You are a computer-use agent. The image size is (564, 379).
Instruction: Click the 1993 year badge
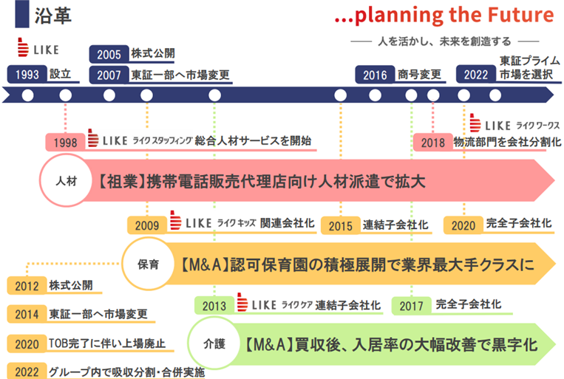click(x=27, y=74)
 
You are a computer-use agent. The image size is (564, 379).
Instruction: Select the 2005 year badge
click(x=109, y=54)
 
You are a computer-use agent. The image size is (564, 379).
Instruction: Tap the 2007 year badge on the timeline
click(x=109, y=75)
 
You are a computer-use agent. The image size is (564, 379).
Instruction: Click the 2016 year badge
click(x=375, y=75)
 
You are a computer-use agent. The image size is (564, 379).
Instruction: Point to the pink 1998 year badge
click(x=66, y=142)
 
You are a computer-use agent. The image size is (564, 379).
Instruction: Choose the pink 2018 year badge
click(x=433, y=142)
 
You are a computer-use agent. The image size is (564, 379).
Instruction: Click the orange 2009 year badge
click(x=147, y=225)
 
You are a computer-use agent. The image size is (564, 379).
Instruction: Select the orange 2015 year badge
click(x=340, y=225)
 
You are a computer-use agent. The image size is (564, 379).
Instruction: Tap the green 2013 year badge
click(x=214, y=306)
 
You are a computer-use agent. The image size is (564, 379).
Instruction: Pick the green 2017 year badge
click(x=411, y=306)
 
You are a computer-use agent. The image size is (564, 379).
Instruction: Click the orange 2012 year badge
click(x=27, y=285)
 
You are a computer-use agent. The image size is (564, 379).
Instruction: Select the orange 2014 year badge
click(x=27, y=314)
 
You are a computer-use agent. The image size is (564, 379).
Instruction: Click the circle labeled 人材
click(x=67, y=180)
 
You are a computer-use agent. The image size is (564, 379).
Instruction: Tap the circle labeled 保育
click(x=148, y=264)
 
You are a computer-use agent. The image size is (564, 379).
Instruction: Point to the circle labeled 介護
click(x=214, y=344)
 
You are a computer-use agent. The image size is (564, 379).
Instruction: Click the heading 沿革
click(x=53, y=16)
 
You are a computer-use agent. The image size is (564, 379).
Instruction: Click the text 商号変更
click(x=419, y=75)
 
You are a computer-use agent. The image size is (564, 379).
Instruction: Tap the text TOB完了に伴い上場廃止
click(x=107, y=344)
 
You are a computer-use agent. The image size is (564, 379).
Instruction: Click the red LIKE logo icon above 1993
click(x=23, y=47)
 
